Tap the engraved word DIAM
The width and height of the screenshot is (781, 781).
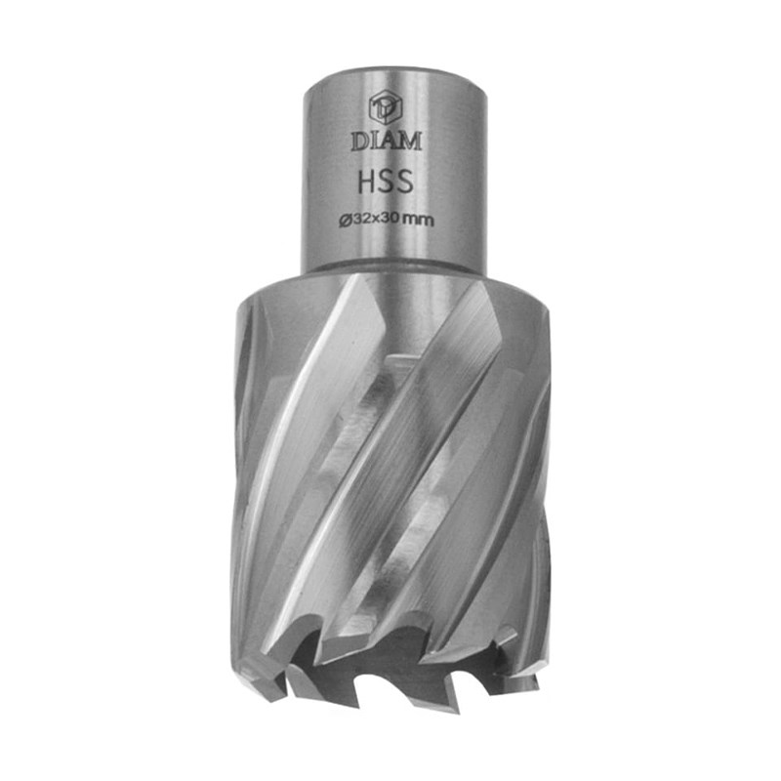[387, 141]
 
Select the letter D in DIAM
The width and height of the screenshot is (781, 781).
[359, 142]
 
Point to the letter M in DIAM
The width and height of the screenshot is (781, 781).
[410, 141]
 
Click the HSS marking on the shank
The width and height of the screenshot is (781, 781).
[386, 182]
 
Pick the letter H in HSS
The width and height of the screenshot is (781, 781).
[367, 182]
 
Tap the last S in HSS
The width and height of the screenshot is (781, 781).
[404, 182]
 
